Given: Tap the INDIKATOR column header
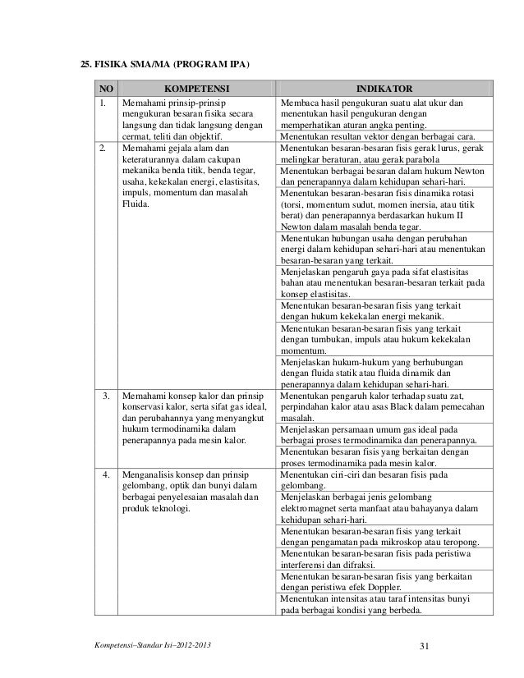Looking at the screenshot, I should pos(384,88).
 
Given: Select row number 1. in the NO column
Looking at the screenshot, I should pos(104,103).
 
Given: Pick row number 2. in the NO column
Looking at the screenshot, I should pos(104,148).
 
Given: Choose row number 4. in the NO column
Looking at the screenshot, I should pos(107,474).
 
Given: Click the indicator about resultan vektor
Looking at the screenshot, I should pos(378,136).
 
